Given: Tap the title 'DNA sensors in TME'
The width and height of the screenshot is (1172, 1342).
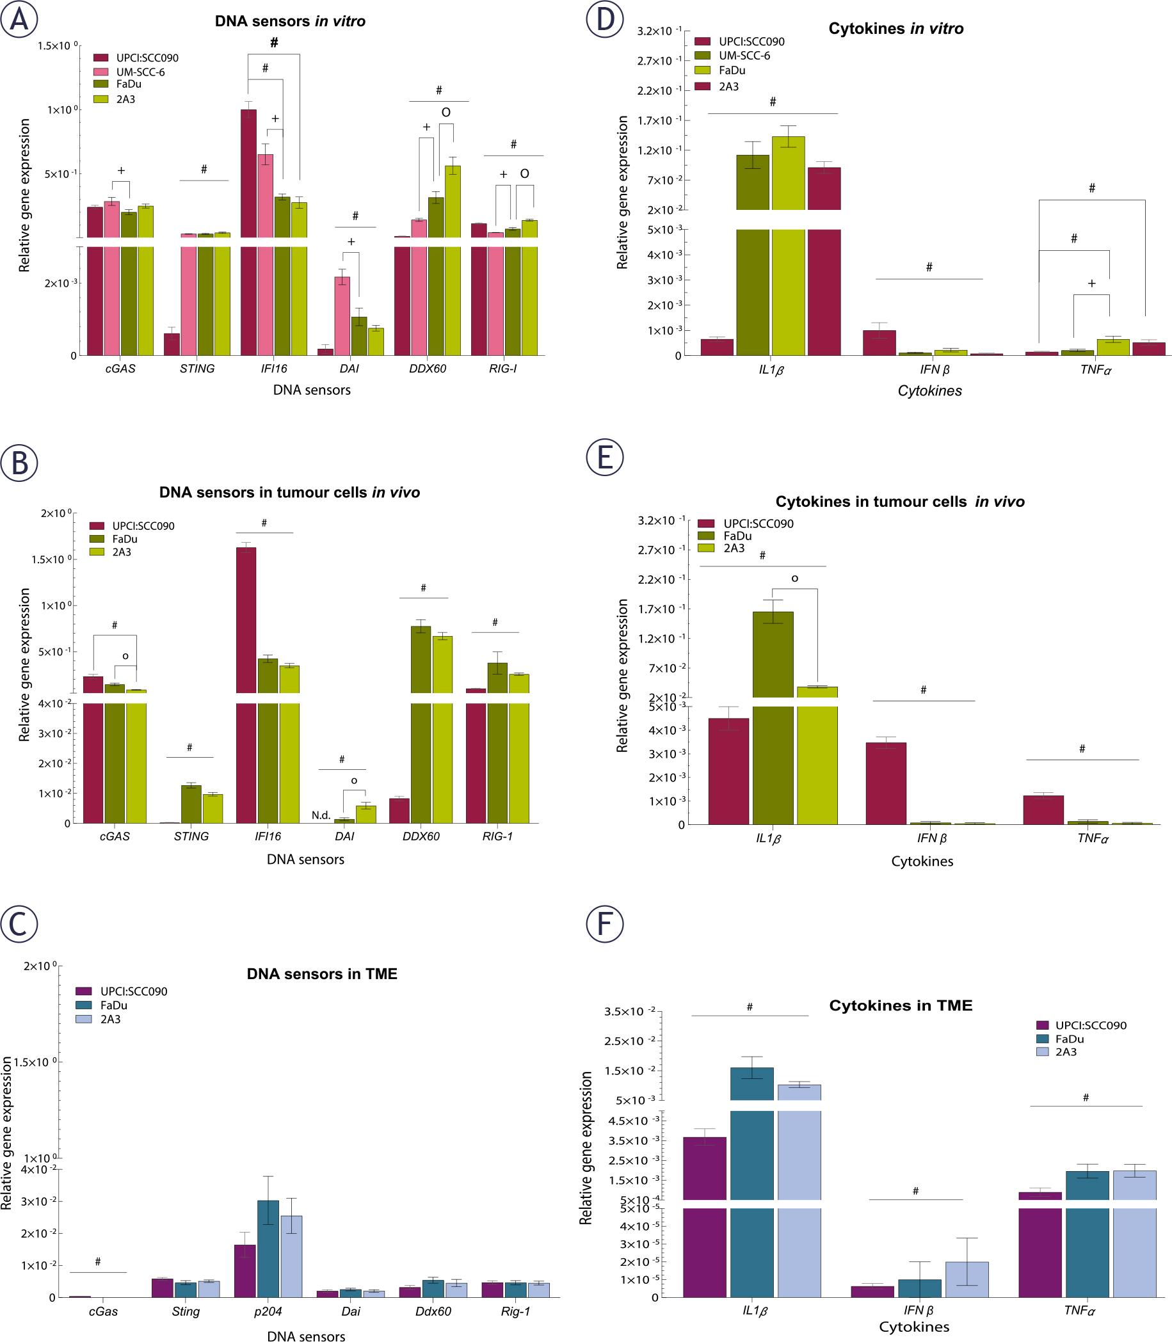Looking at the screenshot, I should coord(322,974).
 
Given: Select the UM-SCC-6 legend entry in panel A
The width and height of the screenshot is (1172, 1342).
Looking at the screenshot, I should coord(140,72).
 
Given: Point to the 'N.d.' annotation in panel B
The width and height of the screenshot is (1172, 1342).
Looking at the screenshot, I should coord(321,815).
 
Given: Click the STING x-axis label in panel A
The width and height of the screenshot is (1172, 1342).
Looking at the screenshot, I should coord(197,369).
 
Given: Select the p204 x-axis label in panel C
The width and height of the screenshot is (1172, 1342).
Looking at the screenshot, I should coord(268,1311).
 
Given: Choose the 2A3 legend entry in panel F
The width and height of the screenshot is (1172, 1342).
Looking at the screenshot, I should coord(1065,1052).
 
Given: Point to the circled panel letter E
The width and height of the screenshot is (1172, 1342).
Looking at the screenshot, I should coord(605,457).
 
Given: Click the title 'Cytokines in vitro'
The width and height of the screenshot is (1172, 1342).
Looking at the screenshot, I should coord(895,29).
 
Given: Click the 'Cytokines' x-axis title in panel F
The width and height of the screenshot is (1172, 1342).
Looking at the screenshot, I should coord(913,1327).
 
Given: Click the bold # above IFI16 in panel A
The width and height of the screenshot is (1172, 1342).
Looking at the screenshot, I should coord(274,43).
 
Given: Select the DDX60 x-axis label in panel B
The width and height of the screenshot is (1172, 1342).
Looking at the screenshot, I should coord(421,836).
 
